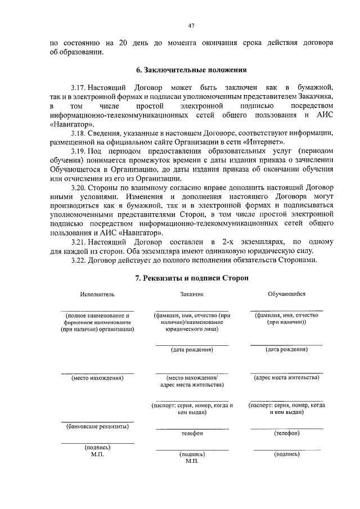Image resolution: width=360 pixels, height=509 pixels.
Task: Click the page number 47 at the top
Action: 192,25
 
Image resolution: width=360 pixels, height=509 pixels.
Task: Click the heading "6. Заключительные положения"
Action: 192,70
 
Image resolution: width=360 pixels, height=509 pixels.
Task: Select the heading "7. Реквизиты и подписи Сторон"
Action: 192,278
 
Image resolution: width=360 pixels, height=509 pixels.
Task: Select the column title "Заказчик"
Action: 192,294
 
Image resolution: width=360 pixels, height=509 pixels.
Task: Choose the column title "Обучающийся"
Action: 286,294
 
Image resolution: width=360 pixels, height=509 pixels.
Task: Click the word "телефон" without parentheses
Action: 192,434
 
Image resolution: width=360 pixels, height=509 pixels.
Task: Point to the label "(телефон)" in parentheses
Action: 286,433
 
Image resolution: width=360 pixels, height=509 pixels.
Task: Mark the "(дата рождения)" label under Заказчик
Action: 192,349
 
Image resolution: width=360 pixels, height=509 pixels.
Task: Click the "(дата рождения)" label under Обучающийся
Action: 286,349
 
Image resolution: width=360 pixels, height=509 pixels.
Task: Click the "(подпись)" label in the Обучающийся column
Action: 286,454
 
